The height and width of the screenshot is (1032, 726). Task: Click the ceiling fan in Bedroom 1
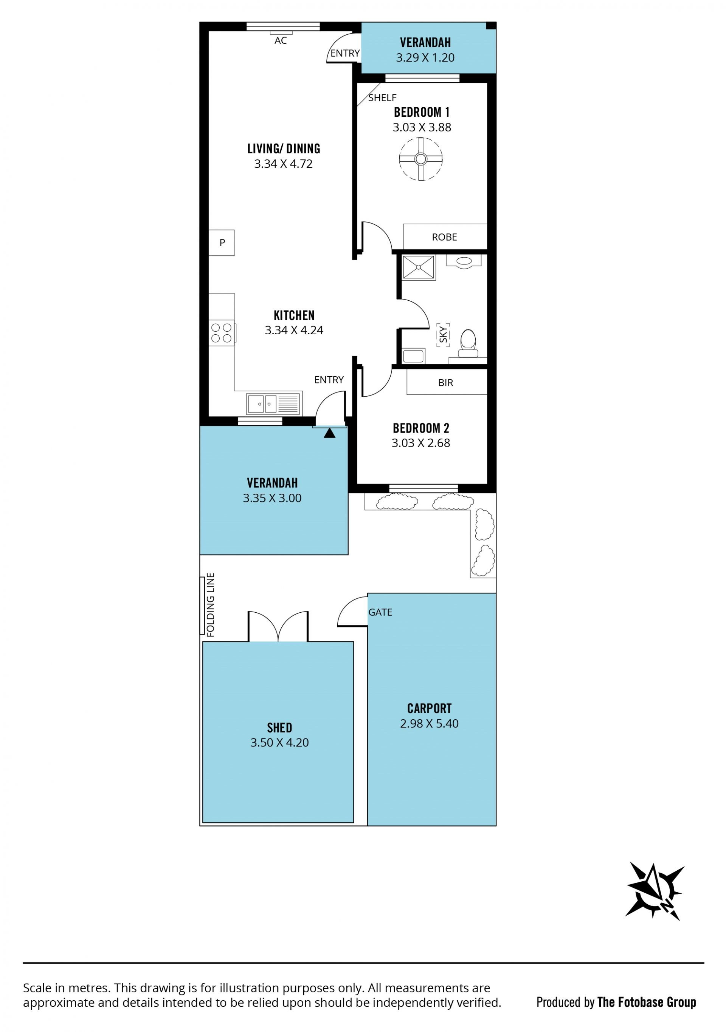coord(420,159)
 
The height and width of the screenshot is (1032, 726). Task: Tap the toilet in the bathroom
coord(468,343)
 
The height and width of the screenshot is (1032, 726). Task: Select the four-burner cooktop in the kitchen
coord(221,333)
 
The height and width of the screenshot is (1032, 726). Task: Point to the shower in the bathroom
coord(418,267)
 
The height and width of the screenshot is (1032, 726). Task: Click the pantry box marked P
coord(222,243)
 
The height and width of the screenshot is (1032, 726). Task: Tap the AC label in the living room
coord(281,41)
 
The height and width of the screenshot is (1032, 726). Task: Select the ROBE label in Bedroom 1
coord(444,237)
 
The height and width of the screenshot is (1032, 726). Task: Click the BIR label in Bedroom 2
coord(445,383)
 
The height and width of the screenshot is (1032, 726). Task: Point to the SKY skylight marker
coord(443,335)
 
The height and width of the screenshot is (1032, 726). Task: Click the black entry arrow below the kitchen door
coord(330,433)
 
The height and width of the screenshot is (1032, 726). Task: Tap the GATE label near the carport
coord(380,612)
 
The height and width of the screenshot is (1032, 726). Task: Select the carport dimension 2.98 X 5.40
coord(429,723)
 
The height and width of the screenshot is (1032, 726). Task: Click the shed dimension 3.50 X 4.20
coord(279,742)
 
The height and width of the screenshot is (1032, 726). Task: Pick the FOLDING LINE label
coord(211,604)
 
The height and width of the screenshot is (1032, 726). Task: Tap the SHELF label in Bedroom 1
coord(382,98)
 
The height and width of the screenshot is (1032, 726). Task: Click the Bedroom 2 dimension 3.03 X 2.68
coord(420,443)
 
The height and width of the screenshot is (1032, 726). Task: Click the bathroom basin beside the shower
coord(464,261)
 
